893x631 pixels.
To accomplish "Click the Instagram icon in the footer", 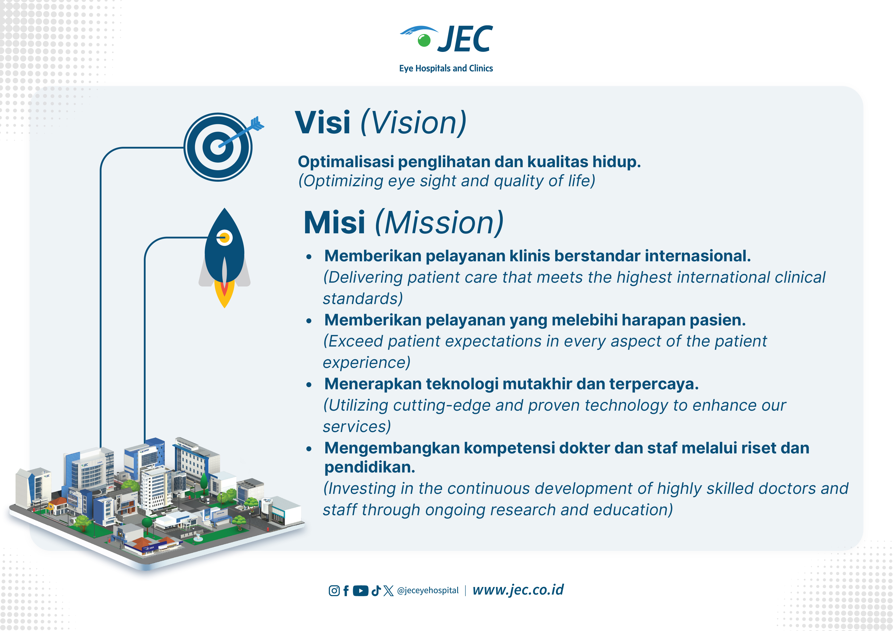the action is click(334, 591).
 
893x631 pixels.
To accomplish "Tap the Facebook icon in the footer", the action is click(346, 591).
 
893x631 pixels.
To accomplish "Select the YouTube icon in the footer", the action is click(360, 591).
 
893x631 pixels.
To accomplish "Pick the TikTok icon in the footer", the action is click(376, 591).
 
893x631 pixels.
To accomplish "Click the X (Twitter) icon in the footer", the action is click(388, 591).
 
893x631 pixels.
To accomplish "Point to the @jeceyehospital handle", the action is click(428, 591).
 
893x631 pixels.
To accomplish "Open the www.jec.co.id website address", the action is click(518, 590).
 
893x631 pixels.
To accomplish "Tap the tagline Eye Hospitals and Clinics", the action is click(446, 68).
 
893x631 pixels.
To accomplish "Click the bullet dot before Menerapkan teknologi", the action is click(309, 385).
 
